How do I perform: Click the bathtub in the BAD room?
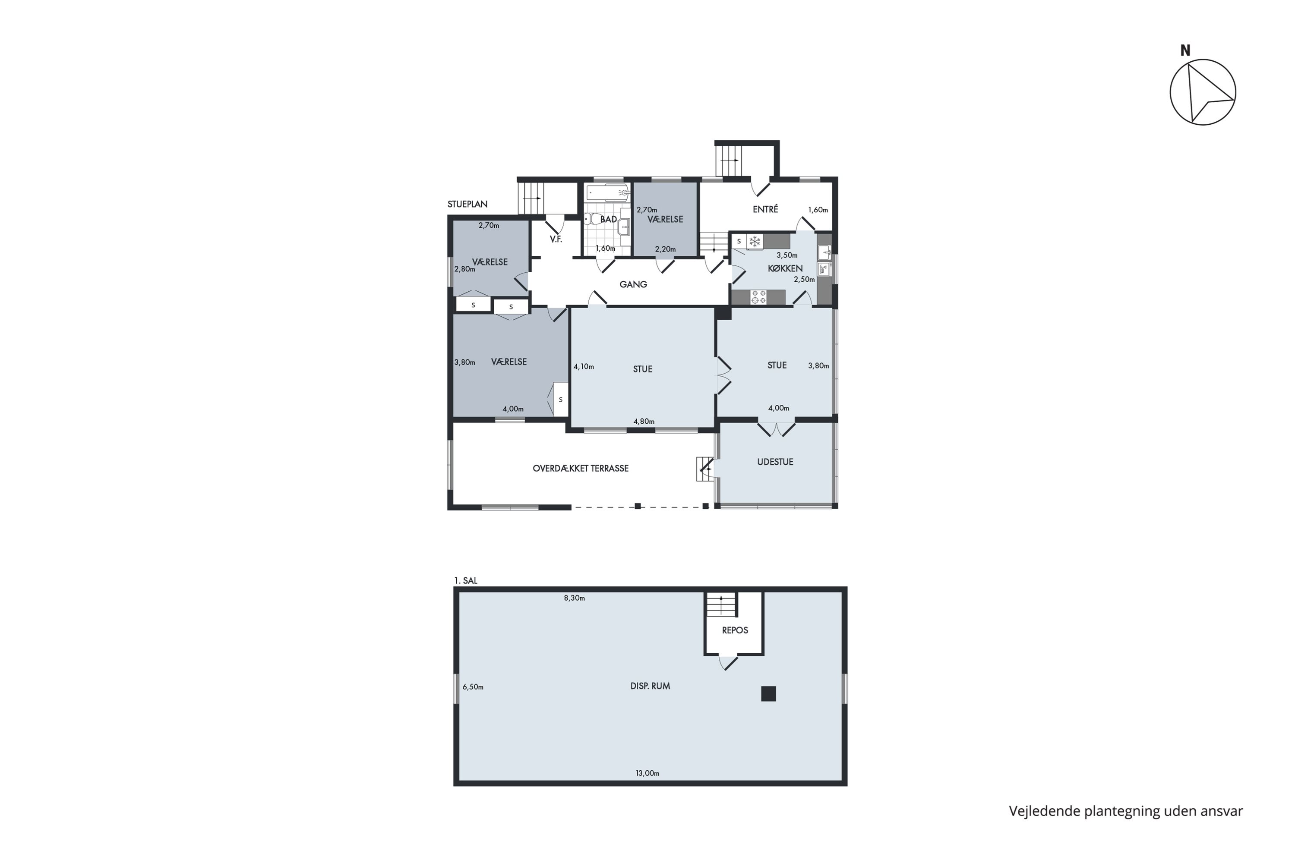coord(608,192)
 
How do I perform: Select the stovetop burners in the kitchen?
coord(759,297)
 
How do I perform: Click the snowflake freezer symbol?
coord(755,241)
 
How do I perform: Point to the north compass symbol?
coord(1203,91)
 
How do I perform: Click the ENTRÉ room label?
coord(765,209)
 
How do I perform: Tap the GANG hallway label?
coord(633,284)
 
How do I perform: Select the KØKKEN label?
coord(785,268)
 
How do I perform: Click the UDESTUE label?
coord(775,462)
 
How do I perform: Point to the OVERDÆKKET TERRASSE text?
coord(580,468)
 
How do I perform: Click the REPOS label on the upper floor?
coord(735,630)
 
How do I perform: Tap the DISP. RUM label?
coord(650,686)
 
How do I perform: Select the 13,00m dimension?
coord(647,773)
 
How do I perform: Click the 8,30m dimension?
coord(574,598)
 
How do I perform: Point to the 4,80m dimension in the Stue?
coord(644,422)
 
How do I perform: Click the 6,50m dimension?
coord(473,687)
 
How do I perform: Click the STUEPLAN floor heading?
coord(467,204)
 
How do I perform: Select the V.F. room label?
coord(556,239)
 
